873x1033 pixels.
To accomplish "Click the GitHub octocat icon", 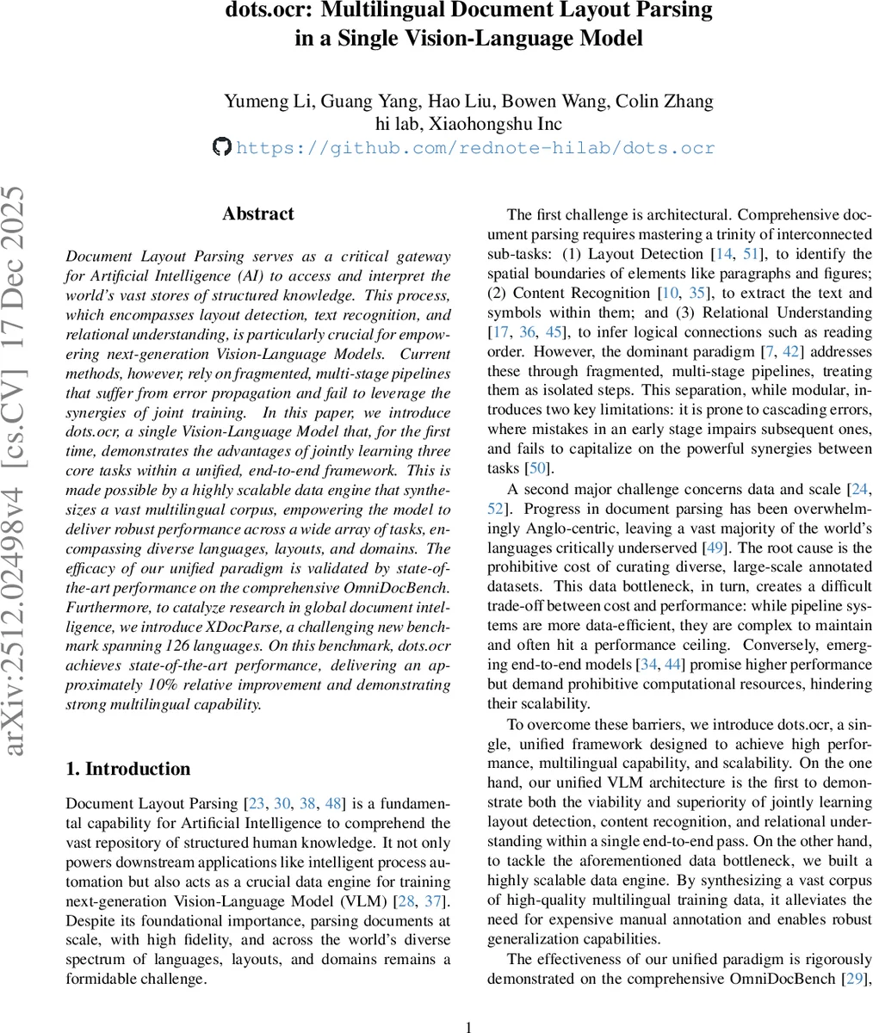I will [x=221, y=147].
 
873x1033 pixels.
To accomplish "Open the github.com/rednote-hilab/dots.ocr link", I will [x=475, y=148].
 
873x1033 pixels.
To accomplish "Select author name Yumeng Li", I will [x=269, y=102].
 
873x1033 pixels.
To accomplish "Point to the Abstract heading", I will [x=257, y=214].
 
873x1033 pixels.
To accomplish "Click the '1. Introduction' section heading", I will [x=127, y=770].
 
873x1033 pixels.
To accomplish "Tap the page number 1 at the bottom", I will [x=468, y=1026].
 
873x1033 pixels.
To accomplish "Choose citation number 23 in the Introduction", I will [x=256, y=804].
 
